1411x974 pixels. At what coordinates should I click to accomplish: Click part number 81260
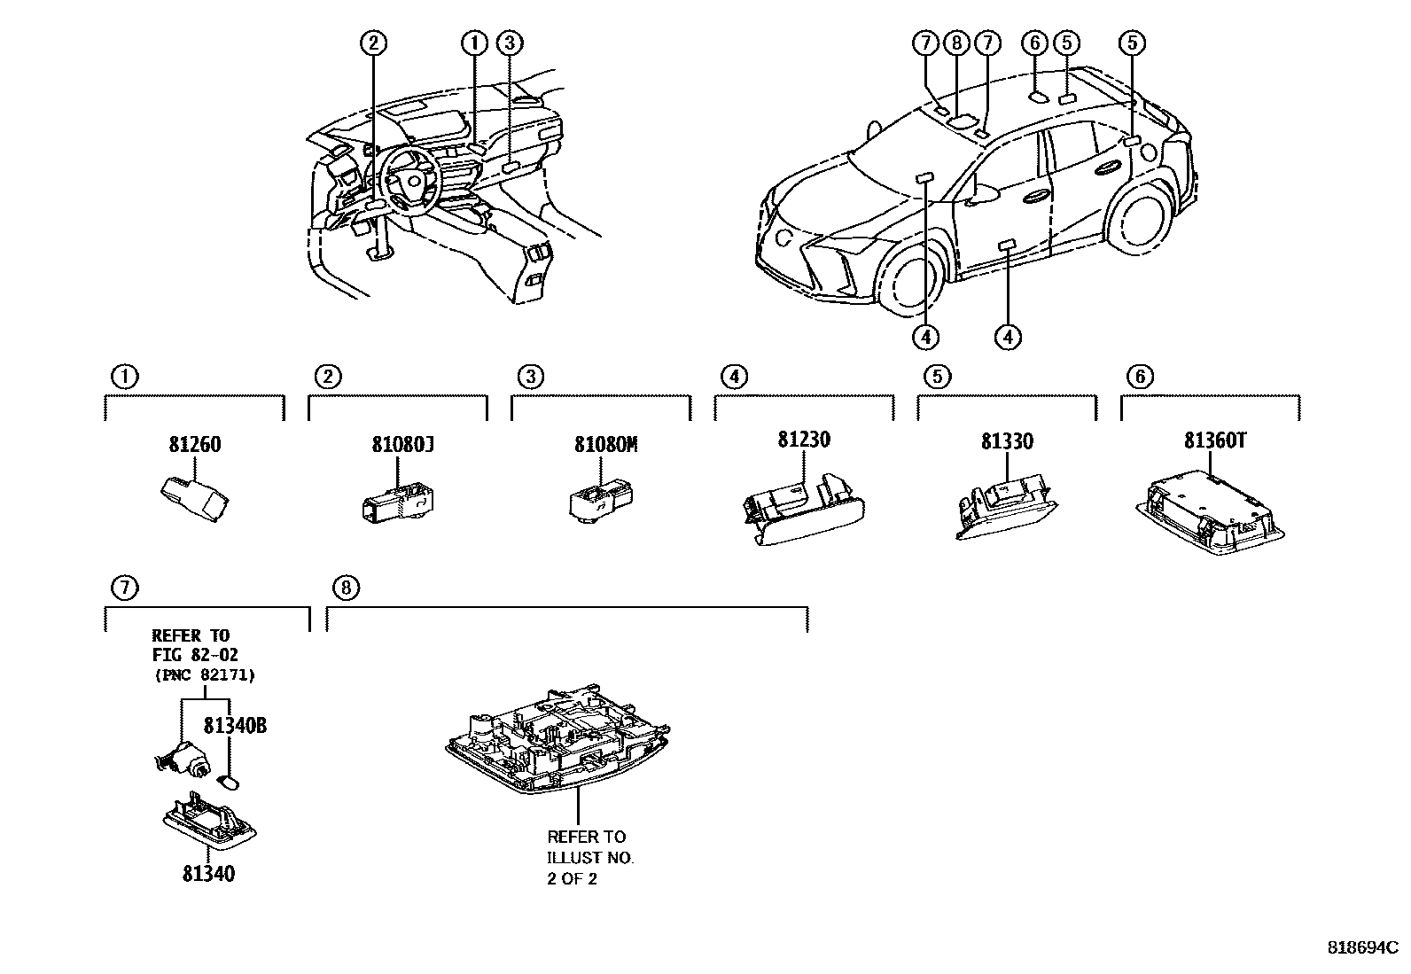tap(194, 445)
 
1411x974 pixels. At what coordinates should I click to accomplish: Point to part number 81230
tap(804, 440)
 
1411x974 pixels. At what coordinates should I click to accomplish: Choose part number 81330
tap(1006, 442)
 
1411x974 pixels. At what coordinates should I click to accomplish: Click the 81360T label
tap(1214, 440)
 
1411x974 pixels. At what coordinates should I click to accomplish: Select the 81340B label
tap(235, 726)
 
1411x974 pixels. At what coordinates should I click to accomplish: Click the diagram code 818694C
tap(1361, 947)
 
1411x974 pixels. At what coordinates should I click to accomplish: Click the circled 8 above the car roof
tap(955, 43)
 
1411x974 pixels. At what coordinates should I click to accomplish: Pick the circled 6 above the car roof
tap(1033, 43)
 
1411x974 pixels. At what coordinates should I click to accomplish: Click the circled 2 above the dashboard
tap(374, 43)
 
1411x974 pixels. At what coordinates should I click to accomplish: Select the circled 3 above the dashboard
tap(509, 43)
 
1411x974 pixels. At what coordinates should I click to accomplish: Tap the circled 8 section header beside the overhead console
tap(346, 587)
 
